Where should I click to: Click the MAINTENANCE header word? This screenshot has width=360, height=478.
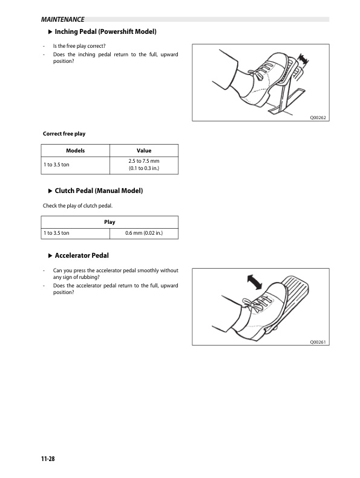tap(62, 19)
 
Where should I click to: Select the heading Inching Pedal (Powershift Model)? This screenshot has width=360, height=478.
tap(105, 31)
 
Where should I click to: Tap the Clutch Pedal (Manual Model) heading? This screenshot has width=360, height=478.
tap(99, 191)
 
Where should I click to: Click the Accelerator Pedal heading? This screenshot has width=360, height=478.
tap(82, 255)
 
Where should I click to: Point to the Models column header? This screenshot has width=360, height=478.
tap(75, 151)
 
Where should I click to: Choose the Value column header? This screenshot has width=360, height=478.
tap(144, 151)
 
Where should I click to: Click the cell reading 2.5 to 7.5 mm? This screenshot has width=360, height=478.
tap(144, 161)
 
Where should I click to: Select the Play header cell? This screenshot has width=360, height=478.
tap(110, 222)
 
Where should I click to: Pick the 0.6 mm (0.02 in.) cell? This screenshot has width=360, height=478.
tap(144, 233)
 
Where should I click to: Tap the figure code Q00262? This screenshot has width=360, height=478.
tap(318, 117)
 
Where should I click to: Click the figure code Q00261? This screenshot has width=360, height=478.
tap(318, 342)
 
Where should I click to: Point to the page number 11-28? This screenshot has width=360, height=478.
tap(48, 459)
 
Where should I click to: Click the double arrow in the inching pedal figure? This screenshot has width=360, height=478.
tap(303, 59)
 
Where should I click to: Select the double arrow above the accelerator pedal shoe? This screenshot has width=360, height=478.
tap(254, 282)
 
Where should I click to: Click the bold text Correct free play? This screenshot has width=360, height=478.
tap(64, 134)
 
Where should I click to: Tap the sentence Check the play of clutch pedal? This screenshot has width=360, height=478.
tap(77, 206)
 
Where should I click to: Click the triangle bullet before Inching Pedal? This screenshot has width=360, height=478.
tap(50, 31)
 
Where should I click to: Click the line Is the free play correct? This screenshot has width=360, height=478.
tap(79, 46)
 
